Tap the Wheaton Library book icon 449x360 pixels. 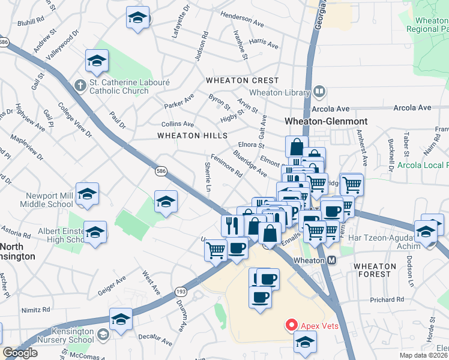[319, 92]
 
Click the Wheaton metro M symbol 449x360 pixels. [331, 261]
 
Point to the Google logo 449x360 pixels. [20, 353]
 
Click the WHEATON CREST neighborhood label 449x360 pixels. [243, 80]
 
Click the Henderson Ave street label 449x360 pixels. [242, 20]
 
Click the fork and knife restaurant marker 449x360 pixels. [232, 225]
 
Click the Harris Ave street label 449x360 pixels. [264, 44]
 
